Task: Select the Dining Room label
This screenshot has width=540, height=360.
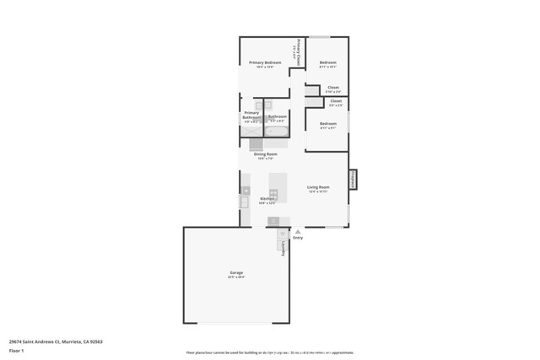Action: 264,156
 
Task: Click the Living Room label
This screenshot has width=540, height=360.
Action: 318,189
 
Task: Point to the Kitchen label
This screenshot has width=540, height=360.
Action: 266,201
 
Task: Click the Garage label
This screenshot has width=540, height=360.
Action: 236,274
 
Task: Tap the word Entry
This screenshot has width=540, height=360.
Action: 298,238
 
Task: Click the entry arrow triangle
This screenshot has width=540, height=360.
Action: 298,231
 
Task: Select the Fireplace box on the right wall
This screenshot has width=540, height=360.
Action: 353,180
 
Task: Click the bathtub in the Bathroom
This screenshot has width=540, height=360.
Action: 277,132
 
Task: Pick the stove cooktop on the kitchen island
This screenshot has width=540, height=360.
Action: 273,194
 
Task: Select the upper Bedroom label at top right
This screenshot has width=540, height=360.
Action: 327,64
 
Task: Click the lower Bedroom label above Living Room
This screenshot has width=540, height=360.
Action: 327,126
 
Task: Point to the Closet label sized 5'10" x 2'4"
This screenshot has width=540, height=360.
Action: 333,89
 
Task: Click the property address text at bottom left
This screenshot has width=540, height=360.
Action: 56,341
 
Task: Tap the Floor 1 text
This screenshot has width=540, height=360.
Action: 17,350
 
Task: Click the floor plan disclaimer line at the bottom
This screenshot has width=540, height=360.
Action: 270,352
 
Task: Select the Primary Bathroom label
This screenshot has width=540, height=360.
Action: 251,116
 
